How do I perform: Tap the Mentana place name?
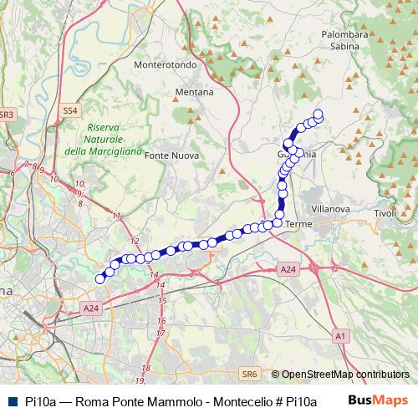(x=194, y=91)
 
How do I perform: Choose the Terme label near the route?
(x=298, y=225)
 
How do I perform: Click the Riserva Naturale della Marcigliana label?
(x=101, y=139)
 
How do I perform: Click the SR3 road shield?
(x=7, y=113)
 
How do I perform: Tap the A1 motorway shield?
(x=339, y=335)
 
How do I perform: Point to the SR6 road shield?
(x=248, y=375)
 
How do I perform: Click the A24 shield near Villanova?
(x=288, y=269)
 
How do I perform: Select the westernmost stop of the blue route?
(x=100, y=278)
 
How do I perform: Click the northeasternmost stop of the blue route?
(x=318, y=114)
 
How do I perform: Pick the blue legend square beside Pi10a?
(x=9, y=400)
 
